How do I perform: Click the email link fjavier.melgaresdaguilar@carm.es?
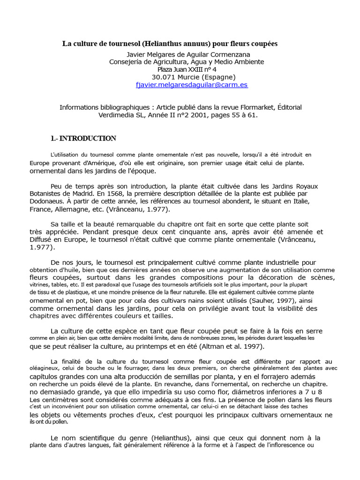185,85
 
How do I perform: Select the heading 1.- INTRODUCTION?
83,138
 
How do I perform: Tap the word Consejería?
127,62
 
